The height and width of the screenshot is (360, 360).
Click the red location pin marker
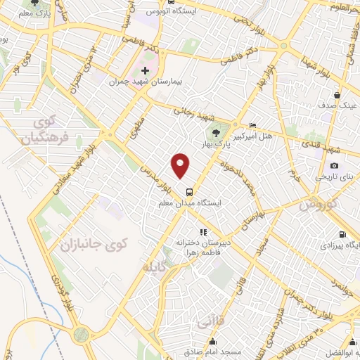181,165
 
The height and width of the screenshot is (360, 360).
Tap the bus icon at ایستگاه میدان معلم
188,191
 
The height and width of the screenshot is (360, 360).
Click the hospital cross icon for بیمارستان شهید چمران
146,71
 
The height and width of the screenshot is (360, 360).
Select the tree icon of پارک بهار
217,133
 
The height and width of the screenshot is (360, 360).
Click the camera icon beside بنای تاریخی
335,166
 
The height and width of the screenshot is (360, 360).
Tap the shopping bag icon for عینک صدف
337,95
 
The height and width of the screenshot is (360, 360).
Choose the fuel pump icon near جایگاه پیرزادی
342,235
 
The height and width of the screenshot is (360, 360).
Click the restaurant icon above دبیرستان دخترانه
202,231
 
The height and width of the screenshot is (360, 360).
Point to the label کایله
157,268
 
